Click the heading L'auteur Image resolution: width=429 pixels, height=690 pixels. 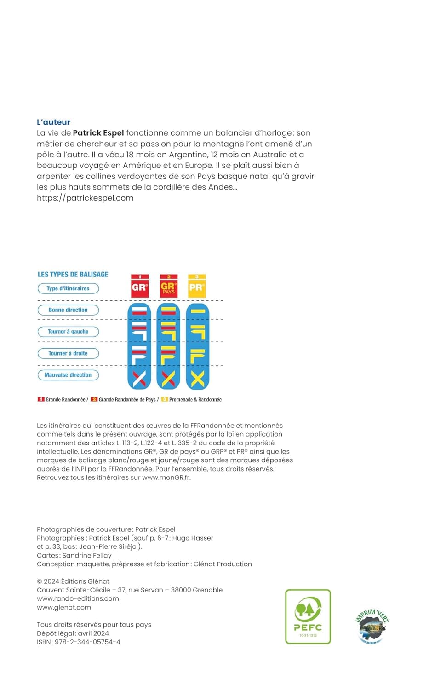[53, 122]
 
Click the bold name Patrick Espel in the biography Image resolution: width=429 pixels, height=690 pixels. [98, 133]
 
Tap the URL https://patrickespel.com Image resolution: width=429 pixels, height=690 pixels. [85, 198]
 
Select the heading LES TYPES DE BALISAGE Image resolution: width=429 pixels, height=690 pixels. [73, 274]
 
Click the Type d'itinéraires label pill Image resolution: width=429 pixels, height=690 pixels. [68, 288]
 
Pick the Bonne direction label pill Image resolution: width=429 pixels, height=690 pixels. [68, 310]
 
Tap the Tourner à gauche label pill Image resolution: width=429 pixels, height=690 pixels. [68, 332]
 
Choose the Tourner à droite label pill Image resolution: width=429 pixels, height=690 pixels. [68, 353]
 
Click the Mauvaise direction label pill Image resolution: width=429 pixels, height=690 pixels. [68, 375]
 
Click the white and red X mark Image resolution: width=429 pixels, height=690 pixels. [139, 379]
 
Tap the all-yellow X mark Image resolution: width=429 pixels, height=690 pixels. [197, 379]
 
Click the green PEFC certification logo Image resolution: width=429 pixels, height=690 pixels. [308, 616]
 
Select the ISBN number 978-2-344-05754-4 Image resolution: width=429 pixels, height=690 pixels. [87, 642]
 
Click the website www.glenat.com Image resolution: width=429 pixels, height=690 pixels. [64, 607]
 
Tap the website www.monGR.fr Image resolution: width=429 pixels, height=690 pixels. [166, 477]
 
